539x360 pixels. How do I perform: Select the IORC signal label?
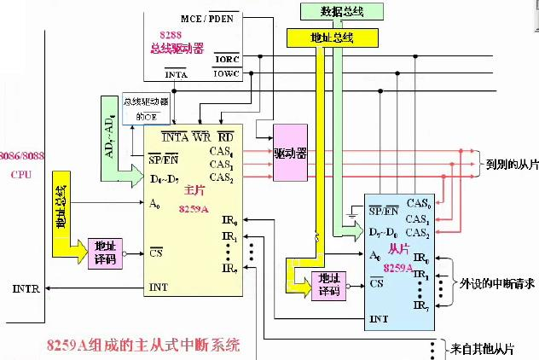[x=226, y=60]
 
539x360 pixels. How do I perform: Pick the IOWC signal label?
[x=226, y=74]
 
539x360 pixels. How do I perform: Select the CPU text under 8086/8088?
[x=20, y=174]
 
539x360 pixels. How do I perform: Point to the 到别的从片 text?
[x=509, y=163]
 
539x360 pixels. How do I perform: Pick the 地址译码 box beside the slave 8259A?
[x=328, y=283]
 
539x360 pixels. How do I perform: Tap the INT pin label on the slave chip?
[x=380, y=318]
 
